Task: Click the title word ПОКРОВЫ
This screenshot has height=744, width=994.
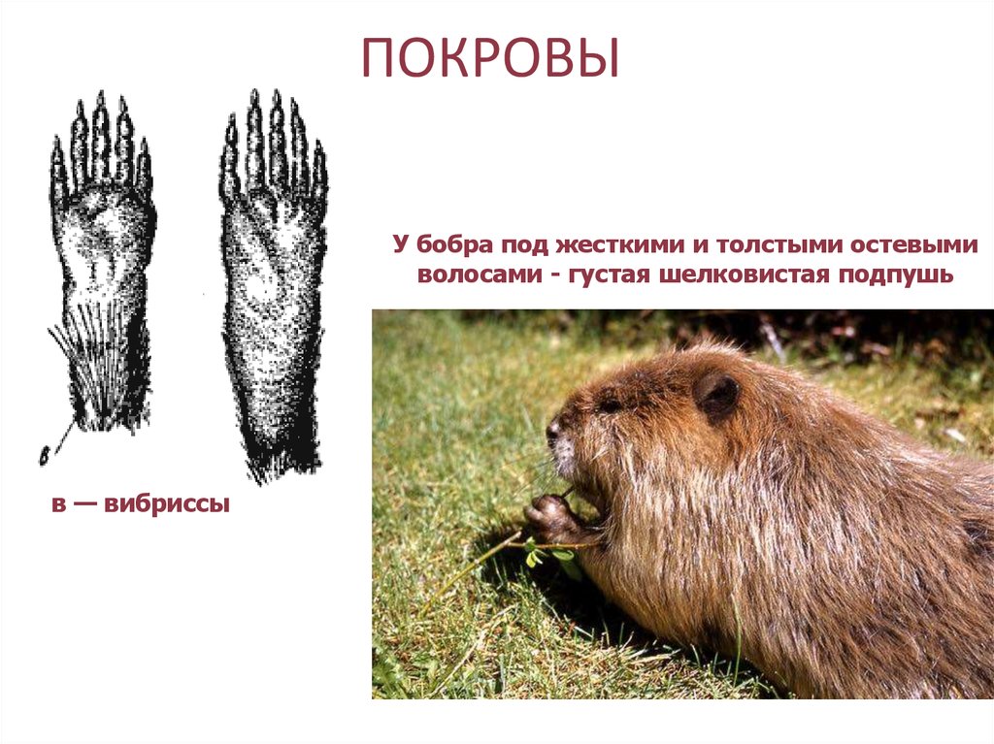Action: (489, 59)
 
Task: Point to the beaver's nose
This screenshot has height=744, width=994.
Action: (552, 428)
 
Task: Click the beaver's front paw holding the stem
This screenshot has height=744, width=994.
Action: (549, 514)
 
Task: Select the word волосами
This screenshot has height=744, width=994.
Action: (477, 275)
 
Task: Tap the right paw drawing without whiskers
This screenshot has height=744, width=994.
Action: (273, 281)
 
